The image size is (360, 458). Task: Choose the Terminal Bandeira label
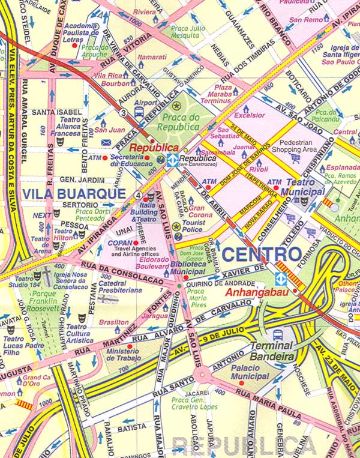[272, 351]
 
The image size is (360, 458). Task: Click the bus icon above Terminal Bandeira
[278, 335]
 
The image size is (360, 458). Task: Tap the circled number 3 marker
[123, 112]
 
